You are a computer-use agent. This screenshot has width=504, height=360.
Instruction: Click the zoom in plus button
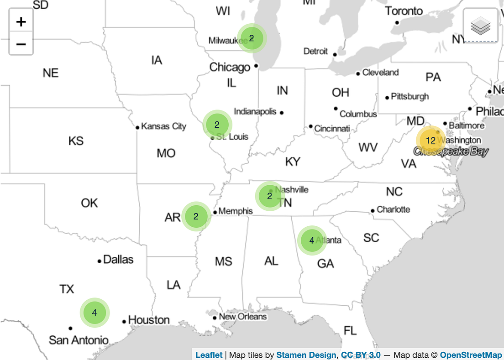(x=21, y=21)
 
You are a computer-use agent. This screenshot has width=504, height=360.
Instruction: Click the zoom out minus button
(x=21, y=44)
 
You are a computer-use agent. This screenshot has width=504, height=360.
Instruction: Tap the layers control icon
(x=480, y=26)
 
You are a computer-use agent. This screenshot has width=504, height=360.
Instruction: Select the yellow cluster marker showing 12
(x=430, y=141)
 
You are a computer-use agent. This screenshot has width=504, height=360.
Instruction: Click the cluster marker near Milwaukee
(x=252, y=38)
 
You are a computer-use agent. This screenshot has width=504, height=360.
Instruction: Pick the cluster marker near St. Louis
(x=217, y=124)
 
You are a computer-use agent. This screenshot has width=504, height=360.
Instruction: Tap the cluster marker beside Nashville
(x=269, y=196)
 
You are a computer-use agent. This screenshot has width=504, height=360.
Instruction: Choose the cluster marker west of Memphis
(x=196, y=217)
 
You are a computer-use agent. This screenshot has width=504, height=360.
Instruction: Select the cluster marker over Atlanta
(x=312, y=240)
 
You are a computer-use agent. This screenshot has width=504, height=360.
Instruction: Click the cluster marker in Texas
(x=94, y=313)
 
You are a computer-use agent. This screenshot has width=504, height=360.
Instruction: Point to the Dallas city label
(x=118, y=260)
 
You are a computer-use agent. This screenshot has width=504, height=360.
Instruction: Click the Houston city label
(x=149, y=320)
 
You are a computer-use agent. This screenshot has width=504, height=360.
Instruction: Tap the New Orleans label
(x=242, y=317)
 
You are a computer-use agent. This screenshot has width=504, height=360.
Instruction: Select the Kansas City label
(x=163, y=126)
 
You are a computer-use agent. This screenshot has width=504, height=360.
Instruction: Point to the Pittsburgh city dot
(x=387, y=97)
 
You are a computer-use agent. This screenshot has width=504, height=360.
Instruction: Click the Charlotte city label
(x=393, y=209)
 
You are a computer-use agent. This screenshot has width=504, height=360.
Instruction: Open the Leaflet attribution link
(x=209, y=355)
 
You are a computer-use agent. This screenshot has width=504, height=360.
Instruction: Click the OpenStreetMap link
(x=471, y=355)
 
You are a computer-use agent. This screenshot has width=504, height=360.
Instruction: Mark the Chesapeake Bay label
(x=451, y=151)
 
